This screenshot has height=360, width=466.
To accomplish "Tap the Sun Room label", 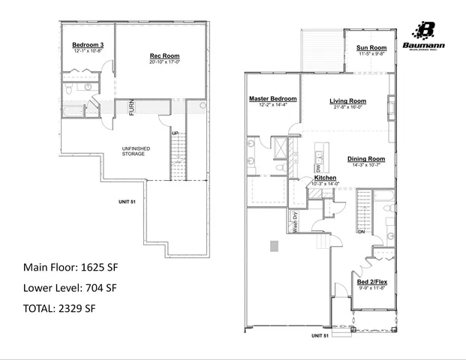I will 371,48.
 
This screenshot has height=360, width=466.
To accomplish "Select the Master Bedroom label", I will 273,99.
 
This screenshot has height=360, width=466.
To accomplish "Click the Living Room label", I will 347,100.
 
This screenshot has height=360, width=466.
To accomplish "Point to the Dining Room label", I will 366,158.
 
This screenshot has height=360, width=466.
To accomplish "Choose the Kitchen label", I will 325,178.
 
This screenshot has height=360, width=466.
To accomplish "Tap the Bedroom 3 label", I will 88,45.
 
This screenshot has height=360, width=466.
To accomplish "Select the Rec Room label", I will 164,56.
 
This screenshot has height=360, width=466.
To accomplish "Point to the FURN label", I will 131,107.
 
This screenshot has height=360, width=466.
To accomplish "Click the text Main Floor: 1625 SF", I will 71,267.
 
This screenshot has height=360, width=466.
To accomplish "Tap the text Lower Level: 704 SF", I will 71,287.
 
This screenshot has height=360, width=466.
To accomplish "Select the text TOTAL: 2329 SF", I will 60,308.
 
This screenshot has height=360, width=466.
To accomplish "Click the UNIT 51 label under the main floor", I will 320,336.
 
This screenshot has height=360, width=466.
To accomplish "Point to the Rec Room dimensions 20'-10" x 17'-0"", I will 164,63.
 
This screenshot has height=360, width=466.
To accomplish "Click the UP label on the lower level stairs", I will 175,133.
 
